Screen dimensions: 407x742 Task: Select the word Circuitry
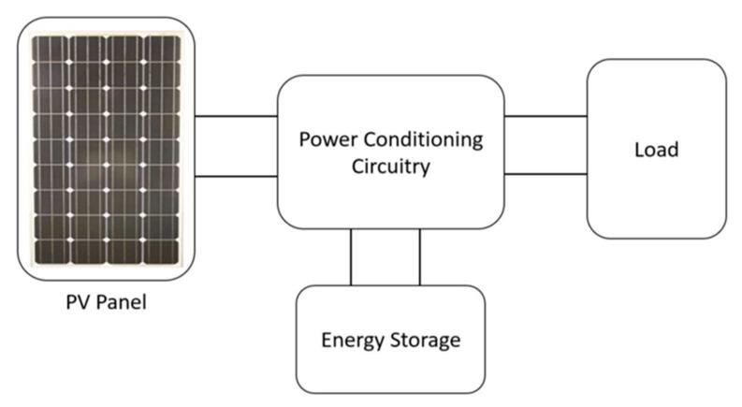click(391, 168)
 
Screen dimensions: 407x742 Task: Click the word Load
click(655, 150)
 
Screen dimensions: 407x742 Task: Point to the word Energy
click(352, 339)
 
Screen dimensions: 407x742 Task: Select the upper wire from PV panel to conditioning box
click(235, 117)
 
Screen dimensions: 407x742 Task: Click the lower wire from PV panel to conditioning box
click(235, 175)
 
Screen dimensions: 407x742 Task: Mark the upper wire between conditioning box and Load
click(546, 117)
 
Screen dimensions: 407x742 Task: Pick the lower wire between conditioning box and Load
click(546, 175)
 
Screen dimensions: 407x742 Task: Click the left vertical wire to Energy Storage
click(351, 256)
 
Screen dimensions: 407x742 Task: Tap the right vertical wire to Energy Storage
click(419, 256)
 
